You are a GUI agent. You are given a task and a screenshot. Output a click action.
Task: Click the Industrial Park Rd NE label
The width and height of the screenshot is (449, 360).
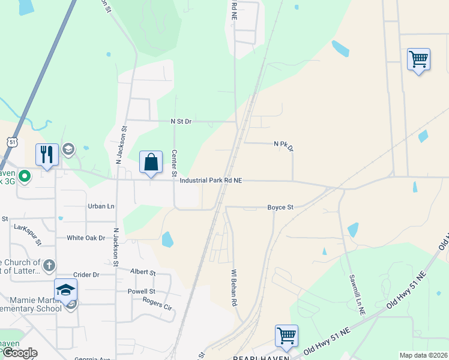click(x=210, y=180)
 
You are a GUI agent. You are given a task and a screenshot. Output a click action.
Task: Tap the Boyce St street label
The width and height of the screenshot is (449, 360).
click(x=280, y=208)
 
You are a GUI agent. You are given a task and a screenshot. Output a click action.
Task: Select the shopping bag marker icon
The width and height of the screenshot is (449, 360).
click(x=151, y=162)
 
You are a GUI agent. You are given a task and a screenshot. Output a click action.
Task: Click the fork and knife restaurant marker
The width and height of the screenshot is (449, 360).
click(x=46, y=155)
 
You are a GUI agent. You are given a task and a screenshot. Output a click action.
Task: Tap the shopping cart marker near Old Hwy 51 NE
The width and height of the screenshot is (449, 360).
click(x=286, y=336)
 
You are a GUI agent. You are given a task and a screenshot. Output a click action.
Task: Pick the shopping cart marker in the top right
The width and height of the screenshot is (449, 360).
click(x=418, y=59)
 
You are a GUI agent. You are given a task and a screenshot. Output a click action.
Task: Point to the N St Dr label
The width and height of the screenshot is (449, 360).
click(x=181, y=121)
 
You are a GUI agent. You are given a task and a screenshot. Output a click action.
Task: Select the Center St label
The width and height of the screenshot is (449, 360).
click(x=175, y=163)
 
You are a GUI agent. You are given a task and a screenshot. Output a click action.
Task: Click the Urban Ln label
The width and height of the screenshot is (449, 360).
click(x=101, y=206)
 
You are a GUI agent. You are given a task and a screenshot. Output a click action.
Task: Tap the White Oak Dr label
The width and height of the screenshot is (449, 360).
click(x=85, y=238)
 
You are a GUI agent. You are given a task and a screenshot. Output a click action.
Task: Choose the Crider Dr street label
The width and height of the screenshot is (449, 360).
click(x=86, y=274)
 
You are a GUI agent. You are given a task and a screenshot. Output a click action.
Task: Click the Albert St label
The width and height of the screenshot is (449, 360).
click(x=143, y=272)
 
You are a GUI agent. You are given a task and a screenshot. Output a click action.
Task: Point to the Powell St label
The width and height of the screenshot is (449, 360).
click(x=141, y=292)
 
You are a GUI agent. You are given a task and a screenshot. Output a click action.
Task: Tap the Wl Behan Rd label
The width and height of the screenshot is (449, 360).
click(x=234, y=289)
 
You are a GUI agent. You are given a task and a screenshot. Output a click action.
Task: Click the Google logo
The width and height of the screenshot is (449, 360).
click(x=19, y=353)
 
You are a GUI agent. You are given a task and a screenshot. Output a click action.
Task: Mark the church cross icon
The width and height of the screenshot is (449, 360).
click(x=49, y=265)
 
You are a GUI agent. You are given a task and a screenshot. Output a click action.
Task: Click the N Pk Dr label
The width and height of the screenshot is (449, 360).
click(x=284, y=145)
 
